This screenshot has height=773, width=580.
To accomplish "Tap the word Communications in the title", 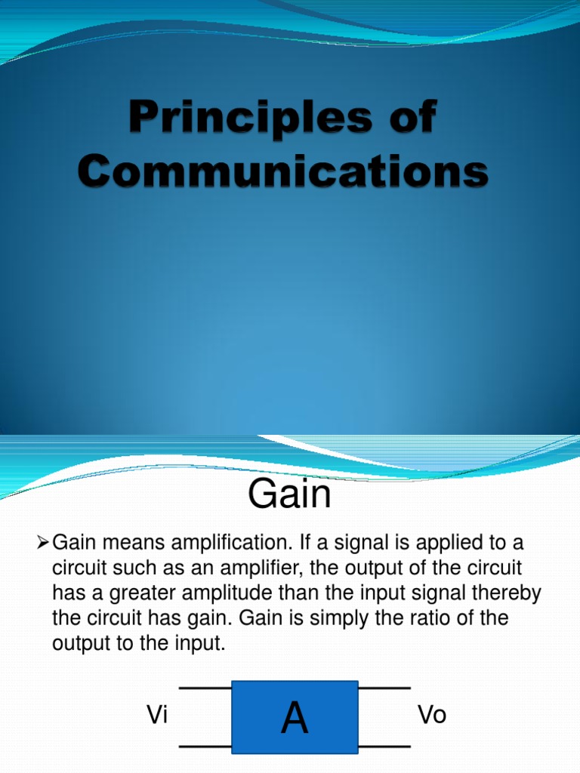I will click(x=283, y=173).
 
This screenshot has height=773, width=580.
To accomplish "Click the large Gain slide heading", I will click(x=289, y=496).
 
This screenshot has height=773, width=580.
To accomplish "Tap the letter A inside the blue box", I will click(x=295, y=718).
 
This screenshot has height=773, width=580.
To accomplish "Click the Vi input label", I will click(x=157, y=716).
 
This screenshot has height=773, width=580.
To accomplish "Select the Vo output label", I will click(x=432, y=716).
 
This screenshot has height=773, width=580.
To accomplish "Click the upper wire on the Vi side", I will click(x=205, y=688).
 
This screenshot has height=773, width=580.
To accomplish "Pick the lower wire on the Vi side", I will click(x=205, y=747).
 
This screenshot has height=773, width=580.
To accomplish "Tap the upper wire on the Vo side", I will click(x=384, y=688).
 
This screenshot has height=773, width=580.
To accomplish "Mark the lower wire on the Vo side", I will click(x=384, y=747).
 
